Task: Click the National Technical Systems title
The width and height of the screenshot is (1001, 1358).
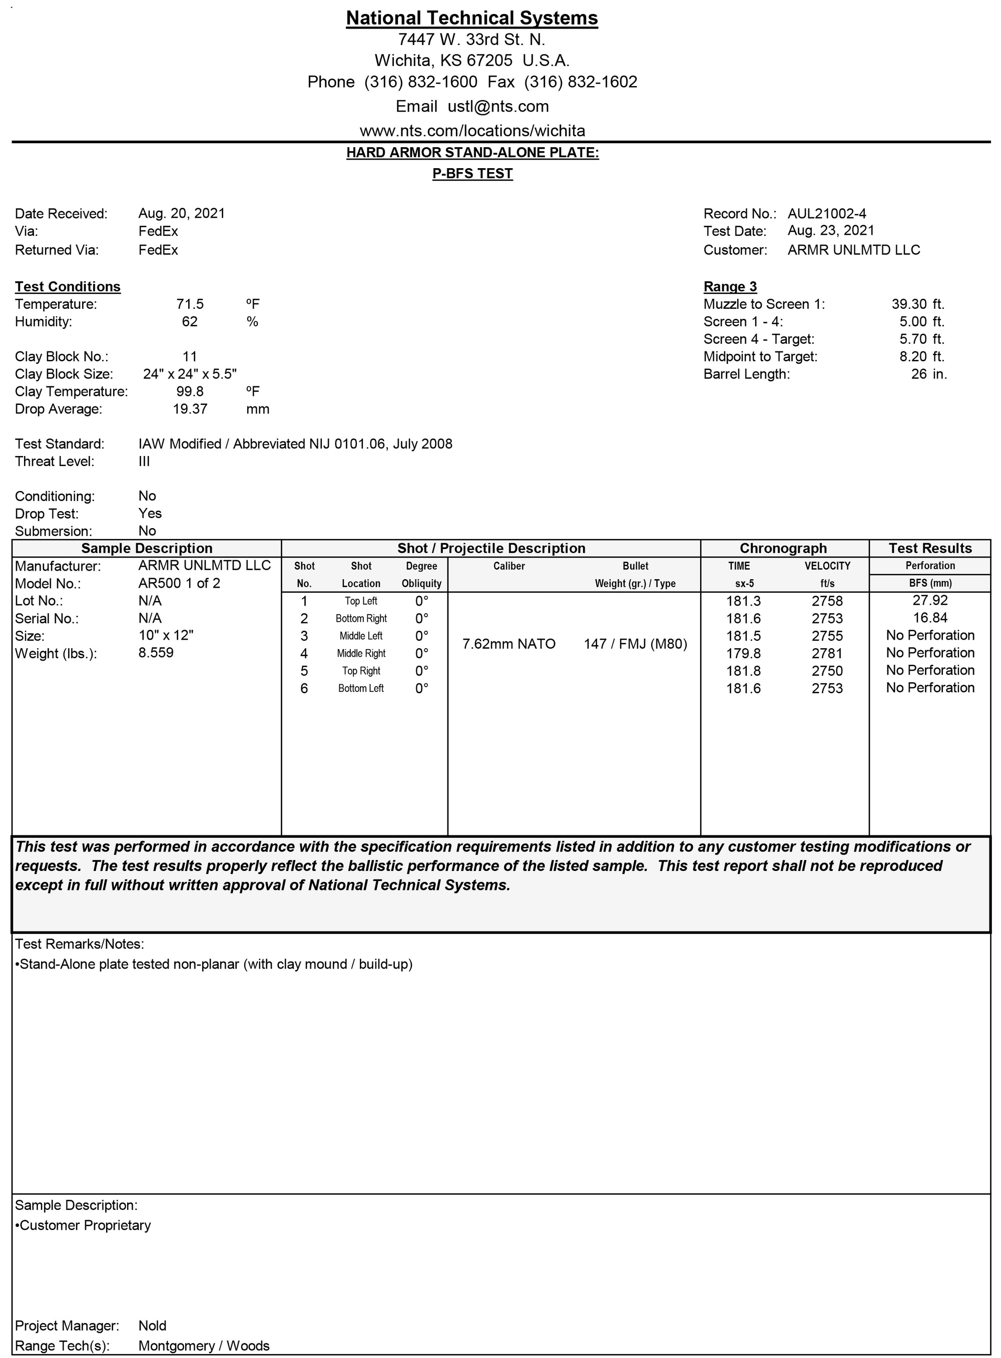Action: click(x=471, y=18)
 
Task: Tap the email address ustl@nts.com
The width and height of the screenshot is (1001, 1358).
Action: click(x=498, y=107)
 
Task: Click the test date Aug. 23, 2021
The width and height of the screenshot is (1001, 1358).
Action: click(x=831, y=230)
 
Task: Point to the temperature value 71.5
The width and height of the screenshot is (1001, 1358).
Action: click(x=190, y=304)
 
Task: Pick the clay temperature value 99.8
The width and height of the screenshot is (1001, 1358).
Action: click(x=190, y=391)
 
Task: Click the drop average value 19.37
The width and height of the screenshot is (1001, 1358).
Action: click(x=190, y=409)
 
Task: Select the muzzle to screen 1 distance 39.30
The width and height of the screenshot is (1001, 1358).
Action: click(x=909, y=304)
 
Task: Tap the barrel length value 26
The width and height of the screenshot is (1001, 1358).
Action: click(x=918, y=374)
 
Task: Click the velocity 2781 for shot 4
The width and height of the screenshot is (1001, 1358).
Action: click(x=827, y=653)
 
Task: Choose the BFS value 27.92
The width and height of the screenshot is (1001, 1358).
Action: click(x=930, y=601)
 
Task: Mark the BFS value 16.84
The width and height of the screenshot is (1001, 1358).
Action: click(x=930, y=618)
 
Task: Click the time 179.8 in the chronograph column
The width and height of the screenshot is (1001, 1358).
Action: click(x=743, y=653)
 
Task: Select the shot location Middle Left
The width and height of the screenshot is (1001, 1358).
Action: click(x=361, y=636)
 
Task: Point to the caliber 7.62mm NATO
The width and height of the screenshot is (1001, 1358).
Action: click(x=509, y=644)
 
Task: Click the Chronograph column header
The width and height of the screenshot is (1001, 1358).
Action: click(x=783, y=549)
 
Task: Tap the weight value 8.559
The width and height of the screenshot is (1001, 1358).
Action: click(x=156, y=653)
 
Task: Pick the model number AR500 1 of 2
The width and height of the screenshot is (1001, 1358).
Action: click(x=179, y=583)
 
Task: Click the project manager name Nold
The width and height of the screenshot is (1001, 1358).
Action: click(x=152, y=1326)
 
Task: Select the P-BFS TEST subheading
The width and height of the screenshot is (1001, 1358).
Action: click(x=472, y=174)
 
